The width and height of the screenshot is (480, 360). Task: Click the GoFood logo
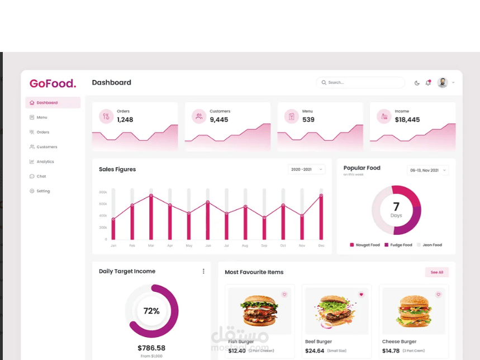pos(53,84)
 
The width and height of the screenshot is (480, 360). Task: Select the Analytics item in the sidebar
pos(45,162)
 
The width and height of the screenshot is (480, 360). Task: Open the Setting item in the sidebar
pos(43,191)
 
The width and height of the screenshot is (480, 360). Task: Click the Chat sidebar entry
pos(41,176)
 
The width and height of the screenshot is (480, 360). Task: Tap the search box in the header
pos(360,83)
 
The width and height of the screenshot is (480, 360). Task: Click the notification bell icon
pos(428,83)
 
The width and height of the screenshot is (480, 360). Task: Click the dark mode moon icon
pos(417,83)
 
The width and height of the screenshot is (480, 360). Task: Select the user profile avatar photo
pos(443,83)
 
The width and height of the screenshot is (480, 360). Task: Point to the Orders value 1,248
pos(125,120)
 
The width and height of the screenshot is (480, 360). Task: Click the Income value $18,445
pos(407,120)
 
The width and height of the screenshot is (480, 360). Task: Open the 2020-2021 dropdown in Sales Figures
pos(307,169)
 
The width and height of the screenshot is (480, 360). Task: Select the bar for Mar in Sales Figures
pos(151,217)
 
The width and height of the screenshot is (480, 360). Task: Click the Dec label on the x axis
pos(321,245)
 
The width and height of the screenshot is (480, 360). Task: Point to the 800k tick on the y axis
pos(103,192)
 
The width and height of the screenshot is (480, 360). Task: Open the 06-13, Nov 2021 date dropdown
pos(427,170)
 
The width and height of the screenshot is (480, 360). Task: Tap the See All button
pos(436,272)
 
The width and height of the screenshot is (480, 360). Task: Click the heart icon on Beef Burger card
pos(361,294)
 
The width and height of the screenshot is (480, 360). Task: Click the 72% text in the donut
pos(151,311)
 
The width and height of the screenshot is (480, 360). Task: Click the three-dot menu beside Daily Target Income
pos(203,271)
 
